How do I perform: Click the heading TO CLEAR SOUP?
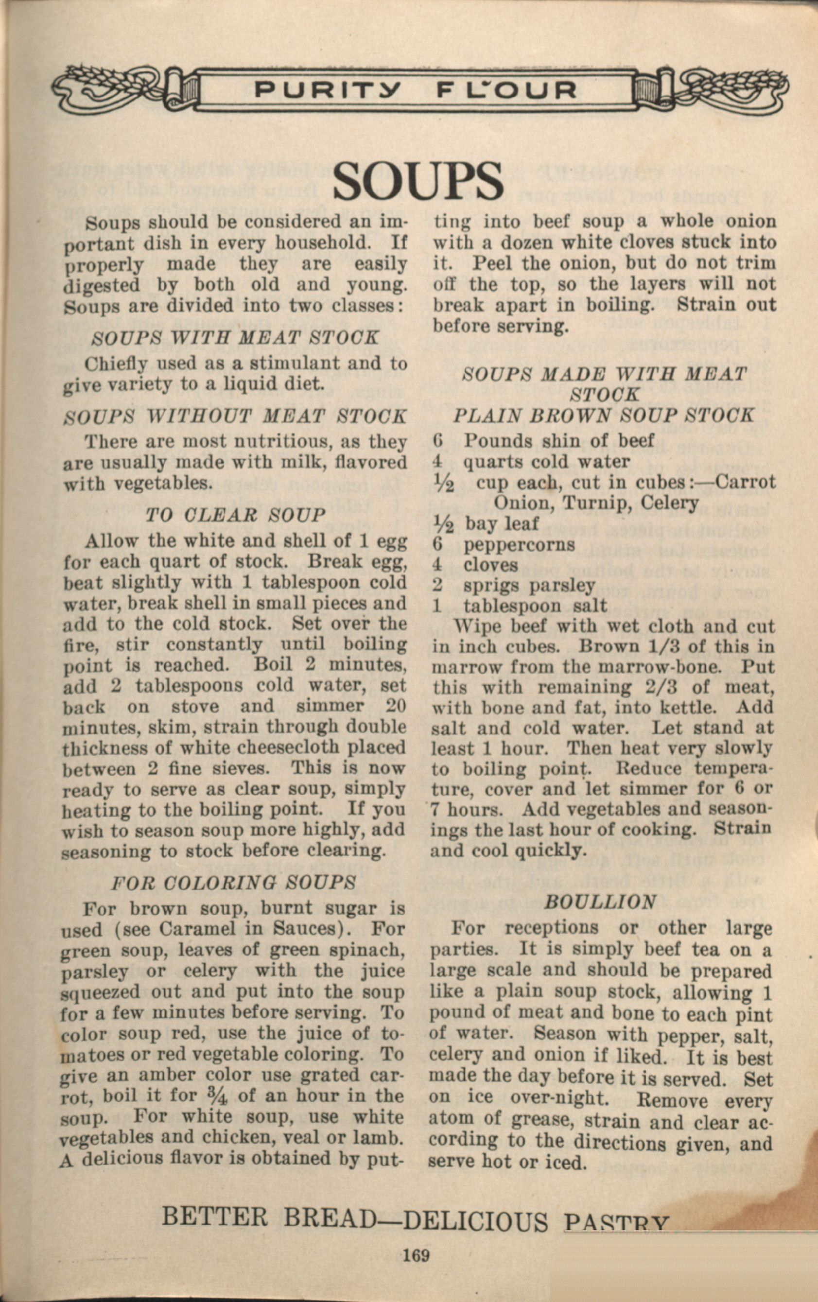236,514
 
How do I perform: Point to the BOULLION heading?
601,902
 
